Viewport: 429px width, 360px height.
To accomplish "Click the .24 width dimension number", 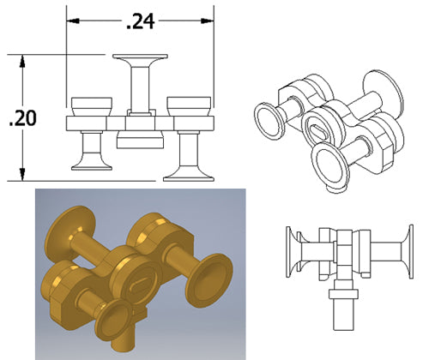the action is click(x=141, y=21).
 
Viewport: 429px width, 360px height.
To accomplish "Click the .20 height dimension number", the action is click(x=22, y=118).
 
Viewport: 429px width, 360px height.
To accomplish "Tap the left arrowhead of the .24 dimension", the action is click(x=73, y=21).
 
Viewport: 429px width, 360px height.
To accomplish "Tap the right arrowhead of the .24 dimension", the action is click(x=208, y=21).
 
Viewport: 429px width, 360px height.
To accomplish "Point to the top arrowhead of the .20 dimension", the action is click(x=22, y=61).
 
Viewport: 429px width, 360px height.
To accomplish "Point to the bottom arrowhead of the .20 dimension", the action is click(x=22, y=174).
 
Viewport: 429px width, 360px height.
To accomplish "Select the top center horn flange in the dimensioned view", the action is click(x=140, y=57).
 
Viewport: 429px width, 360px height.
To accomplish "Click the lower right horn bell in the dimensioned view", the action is click(x=189, y=175).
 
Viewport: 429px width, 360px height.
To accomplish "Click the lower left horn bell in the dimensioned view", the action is click(x=92, y=165).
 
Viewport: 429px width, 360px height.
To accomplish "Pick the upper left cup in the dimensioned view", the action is click(x=92, y=106).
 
